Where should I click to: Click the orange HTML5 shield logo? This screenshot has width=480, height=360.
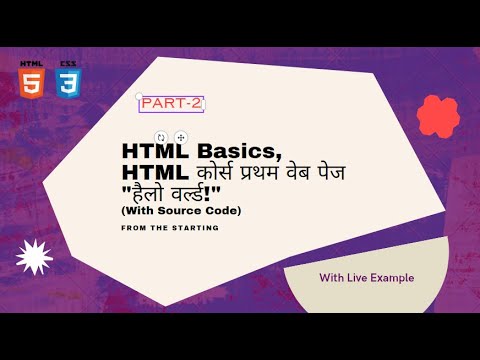pos(32,84)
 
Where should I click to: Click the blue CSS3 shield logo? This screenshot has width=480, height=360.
pos(68,84)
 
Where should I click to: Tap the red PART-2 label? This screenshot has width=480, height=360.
pos(171,103)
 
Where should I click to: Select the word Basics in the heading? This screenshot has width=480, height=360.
pos(240,151)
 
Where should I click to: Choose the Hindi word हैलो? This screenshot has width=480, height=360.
pos(148,193)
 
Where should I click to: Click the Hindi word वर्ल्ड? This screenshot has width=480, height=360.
pos(186,194)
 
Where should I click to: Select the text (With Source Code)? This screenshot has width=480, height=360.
pos(181,211)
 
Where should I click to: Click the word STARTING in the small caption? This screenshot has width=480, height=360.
pos(195,228)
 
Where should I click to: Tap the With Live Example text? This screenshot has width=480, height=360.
pos(367,278)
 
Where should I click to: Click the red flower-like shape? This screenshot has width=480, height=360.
pos(438,117)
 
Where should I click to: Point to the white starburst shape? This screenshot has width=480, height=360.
pos(34,257)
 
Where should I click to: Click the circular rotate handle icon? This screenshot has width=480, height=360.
pos(161,137)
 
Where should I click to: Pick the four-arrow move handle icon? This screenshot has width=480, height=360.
pos(181,137)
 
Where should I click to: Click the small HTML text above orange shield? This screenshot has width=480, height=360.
pos(31,64)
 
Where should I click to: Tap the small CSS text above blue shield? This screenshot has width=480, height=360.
pos(68,64)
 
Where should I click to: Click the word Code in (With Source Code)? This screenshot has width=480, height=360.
pos(223,211)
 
